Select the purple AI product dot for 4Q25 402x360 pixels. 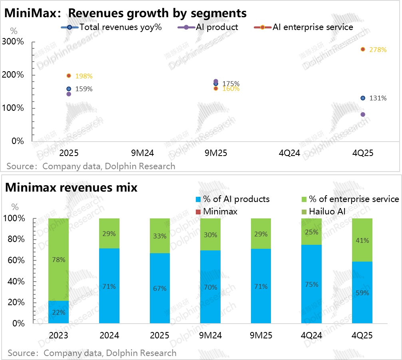[363, 114]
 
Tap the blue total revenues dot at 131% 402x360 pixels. [363, 98]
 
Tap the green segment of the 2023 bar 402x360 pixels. [58, 260]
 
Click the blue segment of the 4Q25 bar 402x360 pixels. [362, 292]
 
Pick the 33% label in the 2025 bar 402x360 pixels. [159, 236]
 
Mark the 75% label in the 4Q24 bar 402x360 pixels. [312, 284]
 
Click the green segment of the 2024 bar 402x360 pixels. [109, 233]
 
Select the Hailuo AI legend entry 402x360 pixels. [324, 211]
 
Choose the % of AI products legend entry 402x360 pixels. [232, 199]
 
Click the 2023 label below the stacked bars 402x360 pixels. [58, 335]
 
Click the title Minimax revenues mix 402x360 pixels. [72, 187]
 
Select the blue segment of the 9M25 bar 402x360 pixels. [261, 286]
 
